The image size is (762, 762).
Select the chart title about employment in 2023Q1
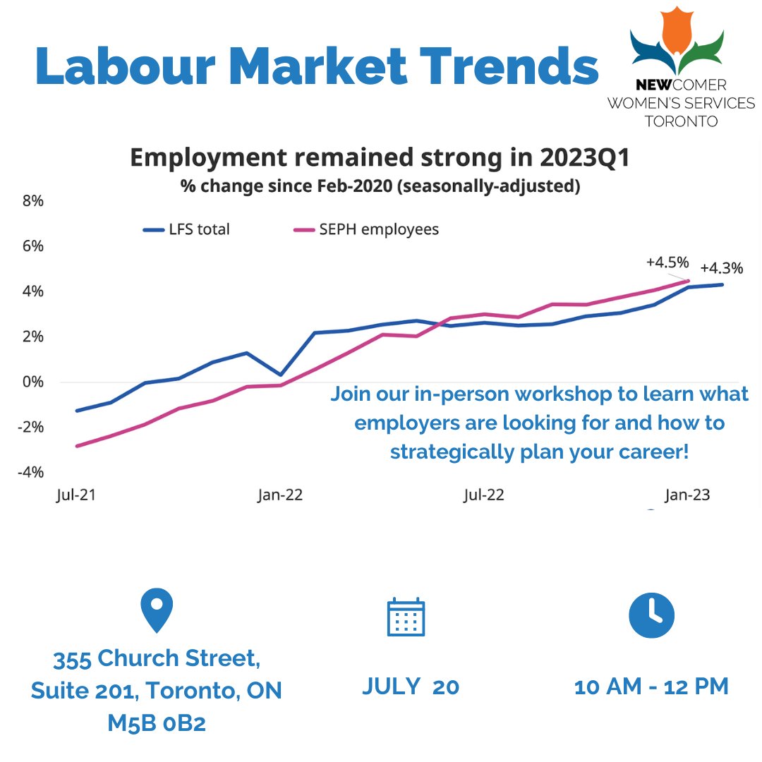(380, 157)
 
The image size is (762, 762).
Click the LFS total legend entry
(186, 229)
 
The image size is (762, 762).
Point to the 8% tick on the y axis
(32, 201)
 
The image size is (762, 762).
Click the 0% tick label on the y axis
(32, 382)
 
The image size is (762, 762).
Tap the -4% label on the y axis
(30, 472)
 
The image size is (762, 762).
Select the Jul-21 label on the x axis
(75, 495)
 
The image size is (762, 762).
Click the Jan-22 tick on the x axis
(280, 495)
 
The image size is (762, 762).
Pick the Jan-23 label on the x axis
(687, 495)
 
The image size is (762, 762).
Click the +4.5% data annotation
(667, 262)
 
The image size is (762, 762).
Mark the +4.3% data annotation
(721, 268)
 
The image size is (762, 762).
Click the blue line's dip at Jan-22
(281, 375)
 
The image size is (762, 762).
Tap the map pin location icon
(156, 610)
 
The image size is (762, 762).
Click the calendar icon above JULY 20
(406, 617)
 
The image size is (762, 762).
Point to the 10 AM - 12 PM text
(651, 687)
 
